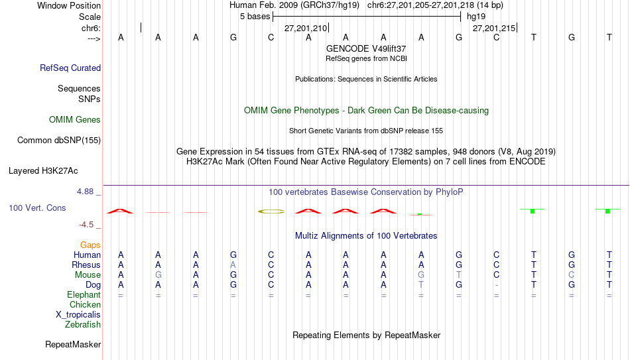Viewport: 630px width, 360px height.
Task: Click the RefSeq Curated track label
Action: point(70,68)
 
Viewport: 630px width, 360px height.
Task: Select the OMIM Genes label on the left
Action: point(75,120)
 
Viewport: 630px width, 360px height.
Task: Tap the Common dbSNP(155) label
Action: point(58,141)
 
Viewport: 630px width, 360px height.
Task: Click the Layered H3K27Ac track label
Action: point(43,171)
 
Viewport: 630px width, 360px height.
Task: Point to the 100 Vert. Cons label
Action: point(37,208)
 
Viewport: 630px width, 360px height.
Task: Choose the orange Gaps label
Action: point(90,245)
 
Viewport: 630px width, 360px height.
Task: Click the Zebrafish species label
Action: point(83,324)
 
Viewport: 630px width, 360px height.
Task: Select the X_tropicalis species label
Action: point(78,315)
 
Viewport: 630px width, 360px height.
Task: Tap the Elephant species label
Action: point(84,295)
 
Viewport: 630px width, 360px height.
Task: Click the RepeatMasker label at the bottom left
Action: point(73,344)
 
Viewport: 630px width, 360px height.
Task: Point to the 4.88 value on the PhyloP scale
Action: point(86,192)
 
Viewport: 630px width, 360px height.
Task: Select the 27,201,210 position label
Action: point(306,28)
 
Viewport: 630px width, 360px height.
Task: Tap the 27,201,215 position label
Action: point(494,28)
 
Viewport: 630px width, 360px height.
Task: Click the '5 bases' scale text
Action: point(255,17)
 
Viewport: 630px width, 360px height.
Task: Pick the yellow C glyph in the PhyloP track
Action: point(271,211)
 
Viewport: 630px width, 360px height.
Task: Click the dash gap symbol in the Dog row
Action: point(497,285)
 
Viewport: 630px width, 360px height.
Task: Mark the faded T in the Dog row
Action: point(421,285)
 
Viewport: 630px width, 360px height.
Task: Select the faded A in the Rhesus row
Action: point(233,265)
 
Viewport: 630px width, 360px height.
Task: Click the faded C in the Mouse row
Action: point(572,275)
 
